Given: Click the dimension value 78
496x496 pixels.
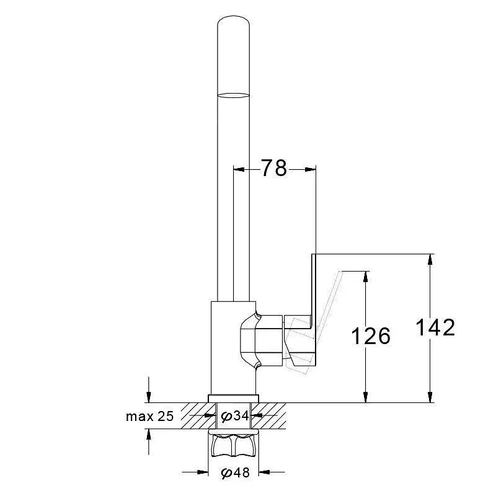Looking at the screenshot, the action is pos(273,168).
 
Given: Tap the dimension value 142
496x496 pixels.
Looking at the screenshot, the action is pos(435,327).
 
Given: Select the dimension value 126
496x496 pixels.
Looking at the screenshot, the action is pos(371,335).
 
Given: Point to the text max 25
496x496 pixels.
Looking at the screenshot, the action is pos(149,416).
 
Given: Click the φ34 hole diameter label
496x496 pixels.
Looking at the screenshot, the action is pos(235,415).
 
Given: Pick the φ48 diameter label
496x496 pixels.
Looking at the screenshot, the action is pos(236,472).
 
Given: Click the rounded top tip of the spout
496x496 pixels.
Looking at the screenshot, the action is pos(234,17).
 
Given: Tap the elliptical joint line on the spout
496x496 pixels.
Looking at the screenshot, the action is pos(234,95).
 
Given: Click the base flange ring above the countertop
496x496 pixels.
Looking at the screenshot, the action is pos(234,399).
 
